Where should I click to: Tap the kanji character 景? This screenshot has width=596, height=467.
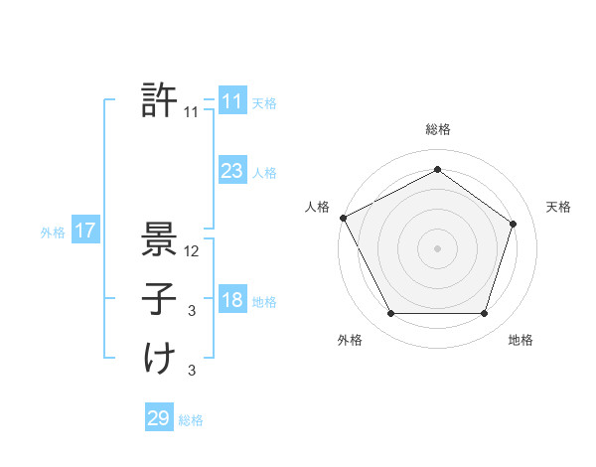tap(159, 239)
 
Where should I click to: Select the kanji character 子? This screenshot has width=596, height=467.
tap(159, 298)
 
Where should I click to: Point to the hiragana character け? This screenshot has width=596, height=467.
tap(159, 359)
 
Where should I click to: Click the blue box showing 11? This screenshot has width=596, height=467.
tap(231, 101)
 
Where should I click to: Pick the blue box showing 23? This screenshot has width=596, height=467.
tap(231, 171)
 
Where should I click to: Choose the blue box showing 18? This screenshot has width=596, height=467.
tap(231, 301)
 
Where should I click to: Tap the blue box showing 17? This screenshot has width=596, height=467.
tap(85, 232)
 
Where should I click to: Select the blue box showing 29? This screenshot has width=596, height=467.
tap(159, 418)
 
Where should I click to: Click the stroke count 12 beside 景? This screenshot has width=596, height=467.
tap(193, 251)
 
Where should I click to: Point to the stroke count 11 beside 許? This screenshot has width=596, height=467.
tap(192, 112)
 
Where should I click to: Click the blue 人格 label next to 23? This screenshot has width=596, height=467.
tap(264, 173)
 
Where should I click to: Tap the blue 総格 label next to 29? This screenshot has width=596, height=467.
tap(191, 420)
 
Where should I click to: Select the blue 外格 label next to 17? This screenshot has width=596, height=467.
tap(53, 233)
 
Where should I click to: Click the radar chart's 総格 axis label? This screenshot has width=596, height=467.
tap(437, 129)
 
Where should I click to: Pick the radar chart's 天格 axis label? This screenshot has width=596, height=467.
tap(558, 207)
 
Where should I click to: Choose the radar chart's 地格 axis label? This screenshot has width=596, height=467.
tap(521, 340)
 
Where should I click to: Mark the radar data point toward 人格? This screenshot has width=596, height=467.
tap(343, 218)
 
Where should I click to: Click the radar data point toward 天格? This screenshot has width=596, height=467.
tap(514, 224)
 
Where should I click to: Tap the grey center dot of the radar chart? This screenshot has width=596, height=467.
tap(437, 247)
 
